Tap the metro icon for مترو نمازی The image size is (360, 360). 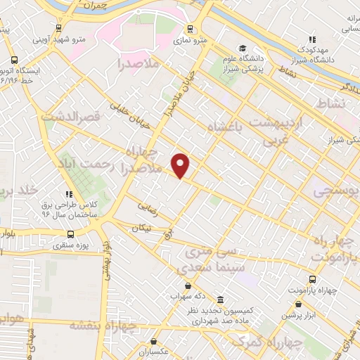(190, 30)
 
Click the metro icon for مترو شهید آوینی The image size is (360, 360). (58, 29)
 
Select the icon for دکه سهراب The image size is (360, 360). (188, 285)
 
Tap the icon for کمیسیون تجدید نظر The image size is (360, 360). (220, 298)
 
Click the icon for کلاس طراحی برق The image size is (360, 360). (68, 194)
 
